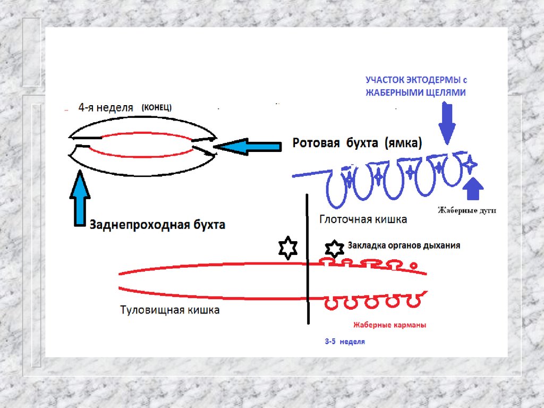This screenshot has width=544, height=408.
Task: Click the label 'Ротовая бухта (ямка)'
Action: [x=357, y=143]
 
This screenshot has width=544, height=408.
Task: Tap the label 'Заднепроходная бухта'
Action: [x=157, y=225]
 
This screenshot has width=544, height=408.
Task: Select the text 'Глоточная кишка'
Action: [x=363, y=219]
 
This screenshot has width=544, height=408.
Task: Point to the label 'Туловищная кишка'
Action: [x=169, y=310]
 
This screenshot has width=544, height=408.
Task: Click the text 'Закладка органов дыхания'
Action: [x=403, y=246]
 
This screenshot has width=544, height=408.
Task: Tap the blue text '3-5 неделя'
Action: [x=345, y=342]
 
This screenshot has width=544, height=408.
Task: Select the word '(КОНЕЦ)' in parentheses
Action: [x=156, y=107]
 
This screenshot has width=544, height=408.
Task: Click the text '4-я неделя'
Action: [x=105, y=107]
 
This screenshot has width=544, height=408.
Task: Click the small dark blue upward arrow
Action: [x=473, y=190]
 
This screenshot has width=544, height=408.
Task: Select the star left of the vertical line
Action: [x=288, y=249]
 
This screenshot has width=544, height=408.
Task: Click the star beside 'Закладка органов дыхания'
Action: [x=334, y=248]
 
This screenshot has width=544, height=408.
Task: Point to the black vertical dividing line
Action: [x=308, y=260]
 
